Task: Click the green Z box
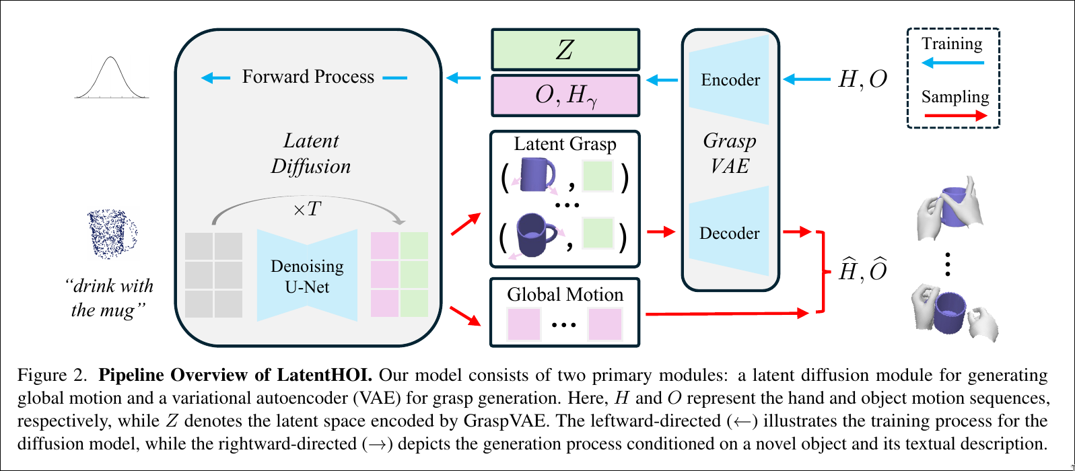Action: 565,50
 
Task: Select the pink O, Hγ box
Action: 565,96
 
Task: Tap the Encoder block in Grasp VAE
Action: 730,80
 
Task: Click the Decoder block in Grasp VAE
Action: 730,233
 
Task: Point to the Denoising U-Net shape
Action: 307,276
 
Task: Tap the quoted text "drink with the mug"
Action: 111,297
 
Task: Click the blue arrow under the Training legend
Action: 952,63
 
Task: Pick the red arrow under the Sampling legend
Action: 955,116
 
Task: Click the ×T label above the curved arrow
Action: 307,209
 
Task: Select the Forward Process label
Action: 308,77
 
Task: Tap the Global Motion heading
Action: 565,295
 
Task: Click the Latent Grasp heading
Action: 565,144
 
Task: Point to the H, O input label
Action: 862,80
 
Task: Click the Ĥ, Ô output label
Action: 862,271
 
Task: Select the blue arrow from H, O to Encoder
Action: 807,80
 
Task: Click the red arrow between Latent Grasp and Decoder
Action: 660,232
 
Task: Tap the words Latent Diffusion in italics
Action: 310,153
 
